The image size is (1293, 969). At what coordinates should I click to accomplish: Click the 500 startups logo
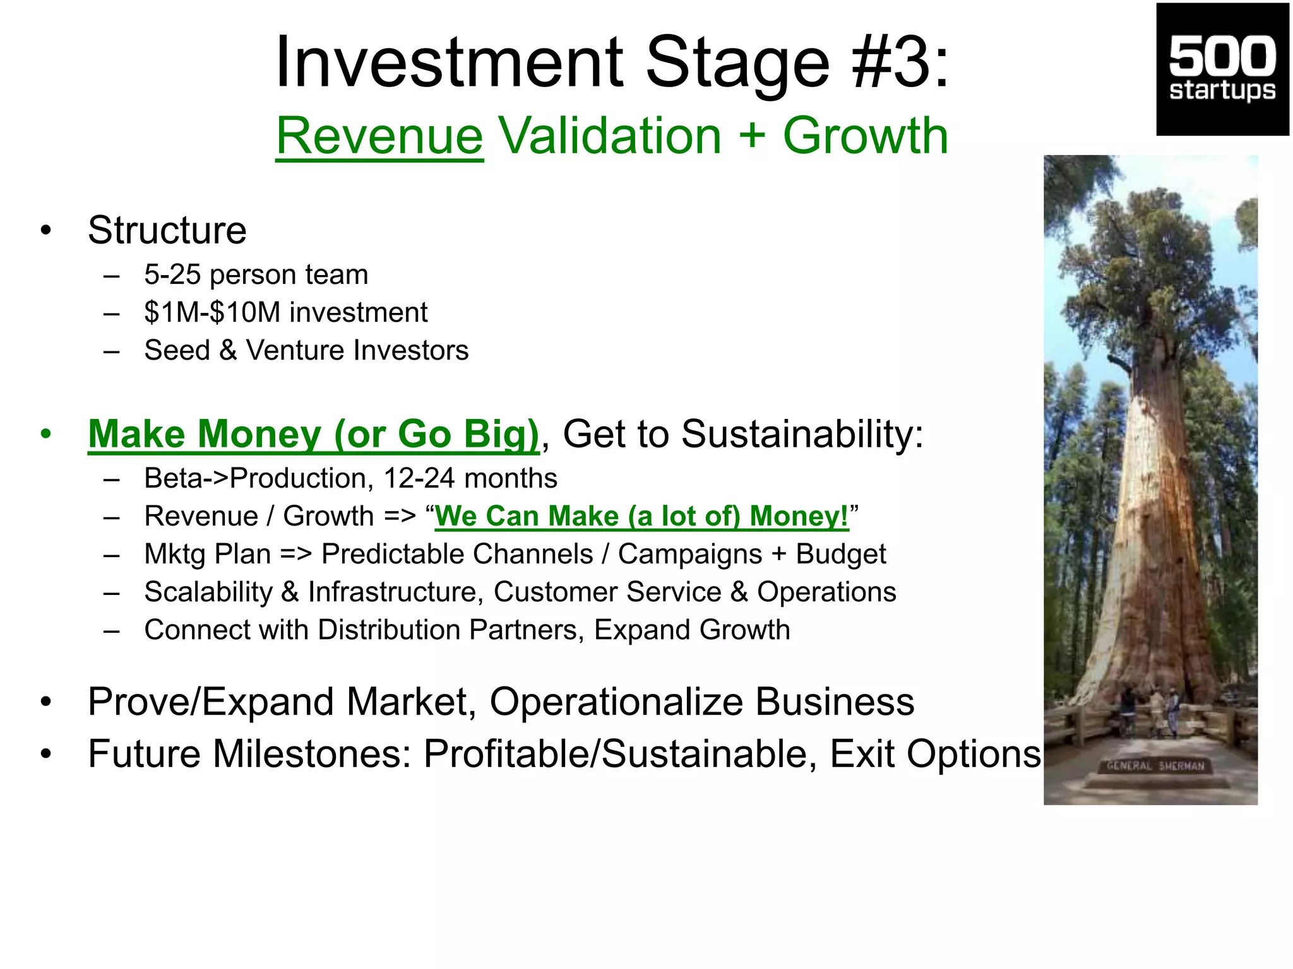[1222, 69]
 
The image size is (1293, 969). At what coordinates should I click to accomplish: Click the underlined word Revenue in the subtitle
[379, 136]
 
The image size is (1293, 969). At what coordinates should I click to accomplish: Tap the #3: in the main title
[900, 62]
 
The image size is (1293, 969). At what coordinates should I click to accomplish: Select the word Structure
[167, 230]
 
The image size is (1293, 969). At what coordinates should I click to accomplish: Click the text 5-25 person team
[256, 274]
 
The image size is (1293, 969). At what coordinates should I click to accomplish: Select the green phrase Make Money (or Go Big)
[313, 434]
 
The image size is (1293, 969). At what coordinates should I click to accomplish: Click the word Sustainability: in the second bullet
[802, 434]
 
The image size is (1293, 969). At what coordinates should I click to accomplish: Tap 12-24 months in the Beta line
[470, 478]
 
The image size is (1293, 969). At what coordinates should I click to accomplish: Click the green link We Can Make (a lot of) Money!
[641, 516]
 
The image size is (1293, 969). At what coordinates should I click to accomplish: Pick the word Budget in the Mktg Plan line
[840, 554]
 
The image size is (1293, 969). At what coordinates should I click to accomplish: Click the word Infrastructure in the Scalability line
[391, 592]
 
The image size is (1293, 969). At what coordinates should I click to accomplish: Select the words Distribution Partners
[451, 630]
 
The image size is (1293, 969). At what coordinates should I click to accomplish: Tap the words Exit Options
[934, 753]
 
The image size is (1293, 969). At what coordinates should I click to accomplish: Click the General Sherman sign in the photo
[1155, 766]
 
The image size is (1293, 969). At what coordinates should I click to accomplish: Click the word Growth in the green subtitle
[865, 136]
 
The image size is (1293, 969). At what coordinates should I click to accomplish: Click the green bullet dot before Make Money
[45, 434]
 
